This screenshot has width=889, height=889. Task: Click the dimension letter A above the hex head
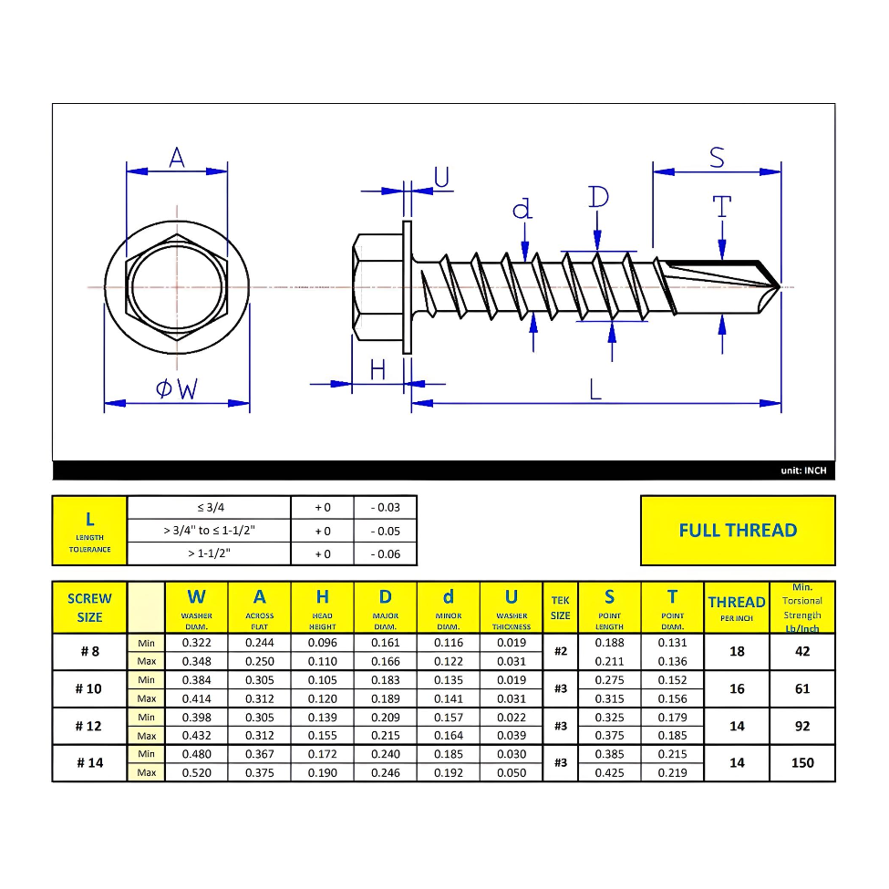[177, 158]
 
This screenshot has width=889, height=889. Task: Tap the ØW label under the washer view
[177, 389]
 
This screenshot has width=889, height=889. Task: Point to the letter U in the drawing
[442, 178]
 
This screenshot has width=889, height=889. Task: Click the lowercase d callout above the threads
[522, 210]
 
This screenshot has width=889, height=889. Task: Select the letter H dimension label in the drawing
[377, 369]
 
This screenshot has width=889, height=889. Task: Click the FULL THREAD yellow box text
[738, 531]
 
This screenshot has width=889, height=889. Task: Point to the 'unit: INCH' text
[803, 470]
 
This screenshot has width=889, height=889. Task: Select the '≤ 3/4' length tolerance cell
[209, 508]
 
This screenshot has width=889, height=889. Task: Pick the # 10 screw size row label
[89, 689]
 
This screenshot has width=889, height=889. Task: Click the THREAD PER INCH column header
[737, 608]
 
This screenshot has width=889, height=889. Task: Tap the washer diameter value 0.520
[196, 773]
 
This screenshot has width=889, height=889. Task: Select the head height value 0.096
[323, 643]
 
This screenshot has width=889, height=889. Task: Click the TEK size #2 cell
[561, 652]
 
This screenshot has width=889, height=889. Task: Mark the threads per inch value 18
[737, 652]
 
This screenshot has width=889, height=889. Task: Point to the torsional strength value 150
[802, 763]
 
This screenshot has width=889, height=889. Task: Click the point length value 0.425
[609, 773]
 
